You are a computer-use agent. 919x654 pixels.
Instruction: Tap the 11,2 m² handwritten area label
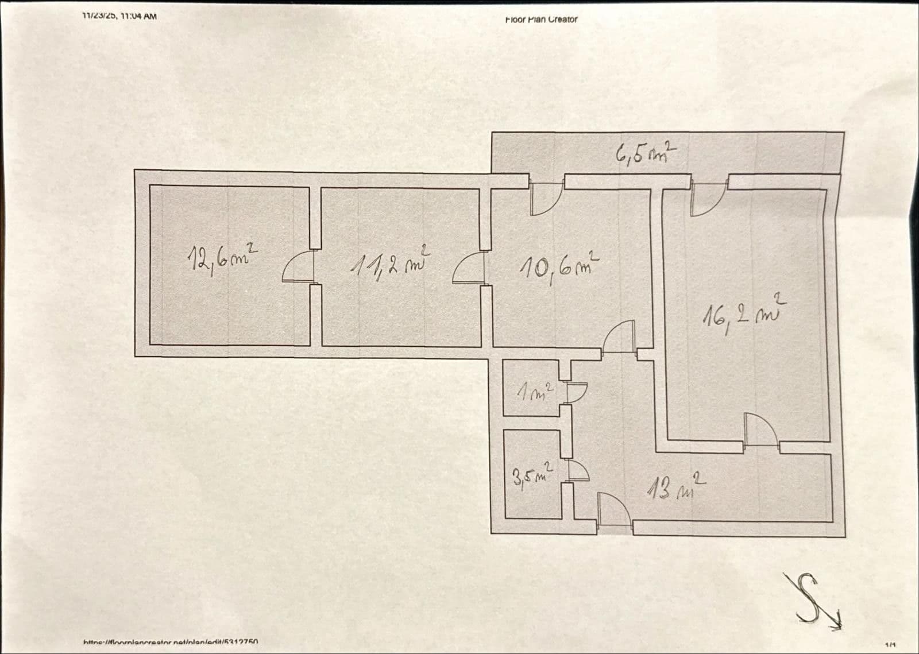[389, 264]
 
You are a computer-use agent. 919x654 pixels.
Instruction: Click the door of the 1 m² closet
[575, 392]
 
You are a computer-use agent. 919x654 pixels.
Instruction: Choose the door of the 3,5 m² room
[577, 471]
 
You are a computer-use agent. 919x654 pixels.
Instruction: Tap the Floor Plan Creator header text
[541, 20]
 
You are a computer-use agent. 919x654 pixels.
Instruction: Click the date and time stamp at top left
[119, 16]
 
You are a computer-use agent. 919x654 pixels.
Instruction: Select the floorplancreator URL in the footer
[171, 643]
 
